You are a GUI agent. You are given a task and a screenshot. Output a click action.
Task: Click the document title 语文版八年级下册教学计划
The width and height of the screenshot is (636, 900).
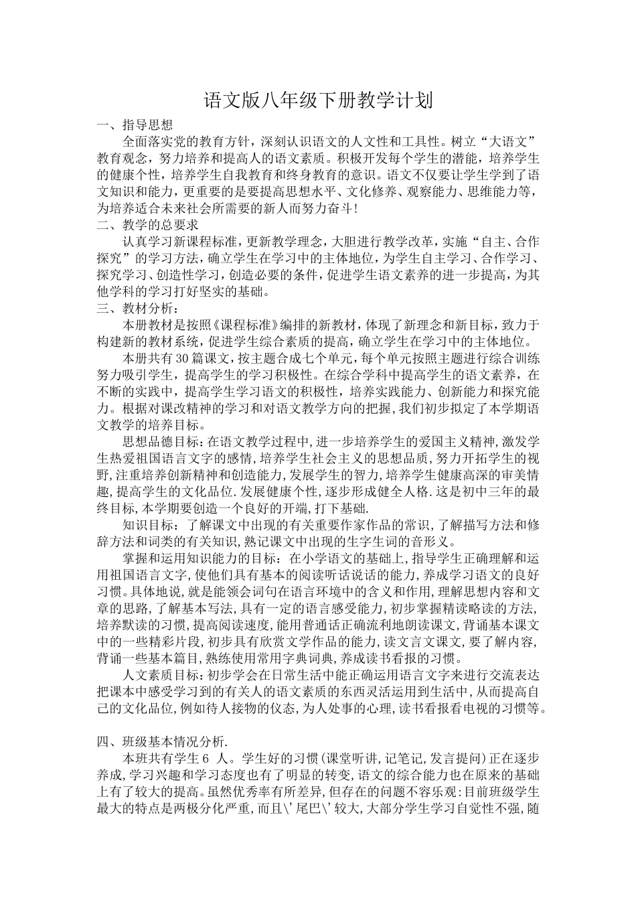(318, 101)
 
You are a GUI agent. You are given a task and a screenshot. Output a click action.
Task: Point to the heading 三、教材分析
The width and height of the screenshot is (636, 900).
(137, 309)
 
